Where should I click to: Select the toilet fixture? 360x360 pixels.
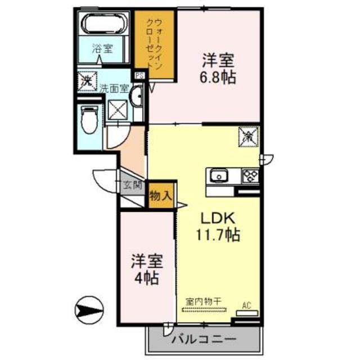[x=89, y=119]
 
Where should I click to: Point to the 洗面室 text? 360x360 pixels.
[x=115, y=88]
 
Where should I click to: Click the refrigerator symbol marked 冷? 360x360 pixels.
[x=249, y=135]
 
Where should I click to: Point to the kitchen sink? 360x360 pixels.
[x=219, y=176]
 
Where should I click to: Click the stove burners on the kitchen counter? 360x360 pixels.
[x=250, y=176]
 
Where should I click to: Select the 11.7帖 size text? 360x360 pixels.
[x=219, y=235]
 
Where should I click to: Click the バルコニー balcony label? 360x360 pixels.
[x=202, y=339]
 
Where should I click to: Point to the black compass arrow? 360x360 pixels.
[x=90, y=309]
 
